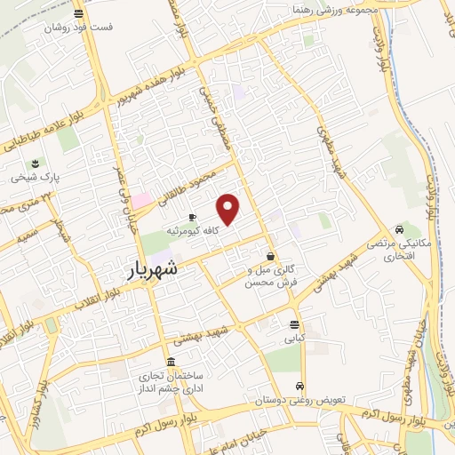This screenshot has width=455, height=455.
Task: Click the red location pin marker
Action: (228, 210)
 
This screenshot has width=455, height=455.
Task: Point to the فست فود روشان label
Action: (81, 27)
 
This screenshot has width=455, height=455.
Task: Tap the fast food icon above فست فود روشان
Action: (80, 13)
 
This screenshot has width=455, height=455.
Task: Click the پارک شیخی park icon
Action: (35, 164)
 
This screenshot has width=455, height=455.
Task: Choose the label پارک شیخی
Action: (35, 178)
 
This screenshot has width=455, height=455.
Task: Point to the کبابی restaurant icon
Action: (293, 323)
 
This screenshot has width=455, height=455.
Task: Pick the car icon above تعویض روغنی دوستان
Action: (301, 386)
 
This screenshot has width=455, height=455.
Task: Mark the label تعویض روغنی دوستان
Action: (302, 400)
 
